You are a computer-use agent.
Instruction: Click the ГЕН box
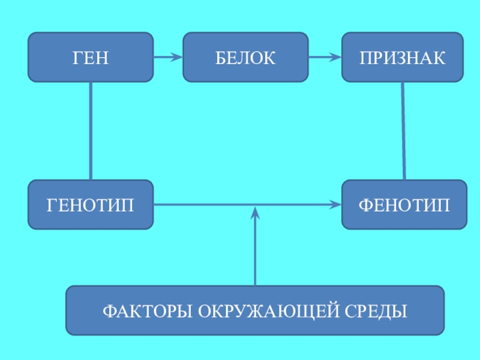click(x=91, y=57)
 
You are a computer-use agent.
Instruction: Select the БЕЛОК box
click(x=245, y=57)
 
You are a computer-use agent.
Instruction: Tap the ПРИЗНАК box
click(x=403, y=57)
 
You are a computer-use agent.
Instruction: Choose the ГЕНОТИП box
click(x=91, y=205)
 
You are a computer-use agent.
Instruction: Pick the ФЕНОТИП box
click(x=404, y=205)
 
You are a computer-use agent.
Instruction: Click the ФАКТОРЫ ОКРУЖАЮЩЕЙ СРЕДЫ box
click(x=255, y=310)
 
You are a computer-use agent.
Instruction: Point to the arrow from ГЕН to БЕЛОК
click(x=168, y=57)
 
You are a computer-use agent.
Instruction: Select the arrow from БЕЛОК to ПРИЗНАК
click(x=325, y=57)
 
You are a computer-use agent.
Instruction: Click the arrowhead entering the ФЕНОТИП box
click(x=336, y=205)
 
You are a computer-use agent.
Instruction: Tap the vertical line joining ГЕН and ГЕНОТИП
click(x=91, y=131)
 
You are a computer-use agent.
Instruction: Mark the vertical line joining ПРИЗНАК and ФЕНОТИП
click(x=403, y=131)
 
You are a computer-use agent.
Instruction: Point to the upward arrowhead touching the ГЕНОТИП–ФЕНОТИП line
click(x=255, y=212)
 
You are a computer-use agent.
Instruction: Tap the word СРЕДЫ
click(x=376, y=311)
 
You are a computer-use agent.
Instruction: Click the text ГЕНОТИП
click(x=91, y=205)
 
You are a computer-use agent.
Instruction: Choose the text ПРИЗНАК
click(x=403, y=58)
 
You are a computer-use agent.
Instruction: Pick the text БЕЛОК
click(x=245, y=58)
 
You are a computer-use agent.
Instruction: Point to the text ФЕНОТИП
click(x=404, y=205)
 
